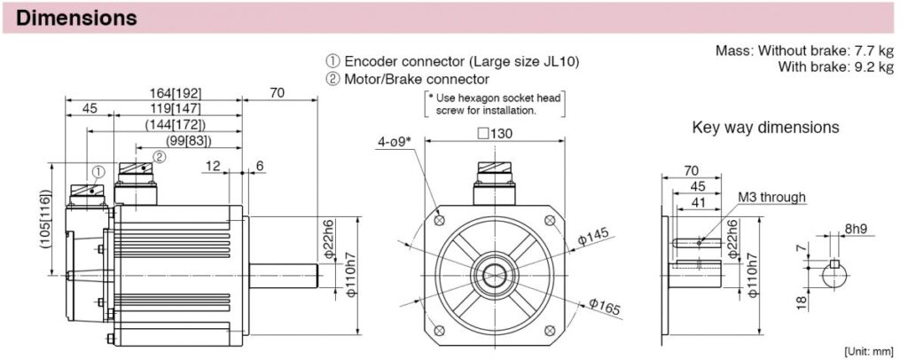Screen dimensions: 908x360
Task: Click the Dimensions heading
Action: click(x=76, y=18)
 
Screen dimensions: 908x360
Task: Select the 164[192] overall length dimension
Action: click(x=176, y=93)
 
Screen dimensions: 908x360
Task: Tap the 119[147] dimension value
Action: click(x=176, y=109)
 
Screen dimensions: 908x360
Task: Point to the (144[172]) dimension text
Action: click(x=176, y=124)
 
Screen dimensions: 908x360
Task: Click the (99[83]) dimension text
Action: click(x=189, y=141)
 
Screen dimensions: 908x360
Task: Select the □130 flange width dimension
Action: click(x=495, y=134)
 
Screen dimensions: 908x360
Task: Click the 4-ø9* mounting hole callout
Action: click(x=393, y=141)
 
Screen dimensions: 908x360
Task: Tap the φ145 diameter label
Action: click(x=594, y=238)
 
